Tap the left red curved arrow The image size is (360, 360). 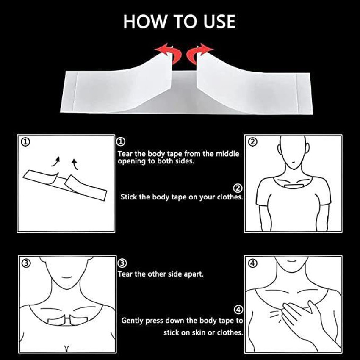[x=170, y=53]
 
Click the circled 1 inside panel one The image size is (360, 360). [x=25, y=142]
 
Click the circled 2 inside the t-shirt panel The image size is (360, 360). [x=252, y=142]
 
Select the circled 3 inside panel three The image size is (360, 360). [x=26, y=263]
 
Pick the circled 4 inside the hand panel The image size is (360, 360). [x=252, y=263]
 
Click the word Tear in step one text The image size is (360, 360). [x=125, y=154]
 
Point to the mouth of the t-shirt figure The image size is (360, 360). [x=293, y=162]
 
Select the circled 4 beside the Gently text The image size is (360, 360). [x=238, y=310]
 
